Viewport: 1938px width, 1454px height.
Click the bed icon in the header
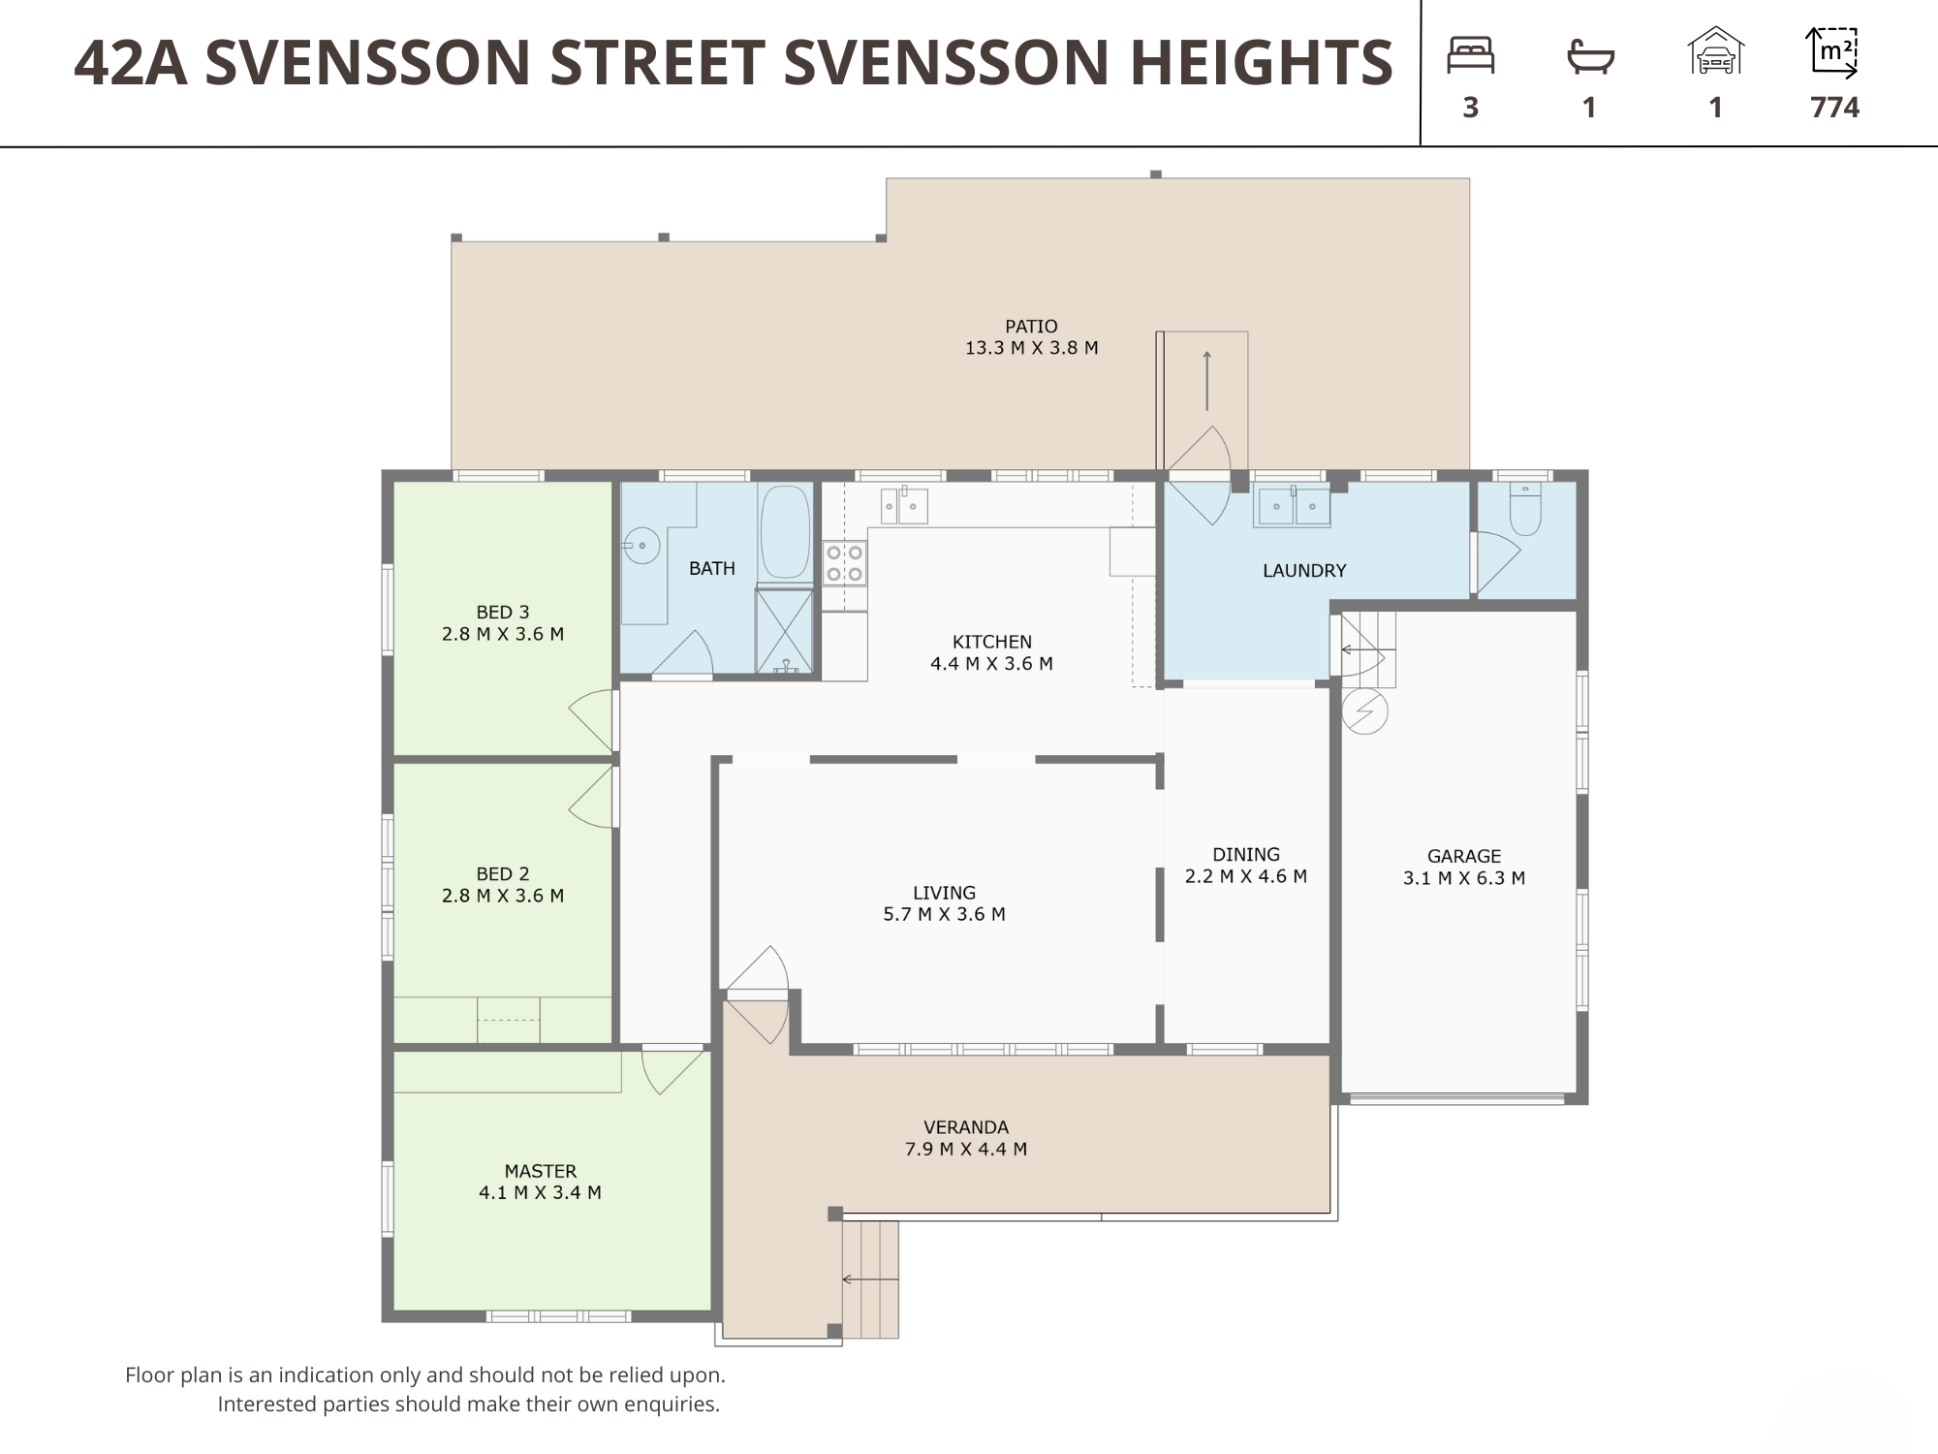[1470, 55]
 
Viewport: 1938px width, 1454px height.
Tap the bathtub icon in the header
[1590, 56]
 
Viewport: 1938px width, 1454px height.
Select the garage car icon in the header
[1715, 50]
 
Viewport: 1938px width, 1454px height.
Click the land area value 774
[1834, 107]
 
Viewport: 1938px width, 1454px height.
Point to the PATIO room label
[1031, 327]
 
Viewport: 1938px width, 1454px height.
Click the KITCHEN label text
[991, 642]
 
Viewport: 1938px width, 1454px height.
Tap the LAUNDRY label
[1304, 571]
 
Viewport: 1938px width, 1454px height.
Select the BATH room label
[711, 569]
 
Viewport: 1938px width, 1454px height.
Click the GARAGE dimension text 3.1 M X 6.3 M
[1463, 878]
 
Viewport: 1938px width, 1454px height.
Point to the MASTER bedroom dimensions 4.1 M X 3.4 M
[540, 1193]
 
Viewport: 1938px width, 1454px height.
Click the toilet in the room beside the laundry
[1525, 510]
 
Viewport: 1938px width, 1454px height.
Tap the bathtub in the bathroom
[785, 533]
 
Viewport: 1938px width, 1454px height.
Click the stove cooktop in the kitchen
[844, 563]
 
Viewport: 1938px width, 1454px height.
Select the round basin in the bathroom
[641, 546]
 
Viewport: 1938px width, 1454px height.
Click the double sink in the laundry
[1292, 506]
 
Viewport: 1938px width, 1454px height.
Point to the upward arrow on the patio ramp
[1206, 381]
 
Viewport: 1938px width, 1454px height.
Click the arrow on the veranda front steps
[870, 1280]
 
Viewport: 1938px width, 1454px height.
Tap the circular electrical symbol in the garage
[1364, 711]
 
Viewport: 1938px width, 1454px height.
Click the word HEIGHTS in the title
[1262, 63]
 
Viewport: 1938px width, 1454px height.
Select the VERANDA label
[966, 1127]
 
